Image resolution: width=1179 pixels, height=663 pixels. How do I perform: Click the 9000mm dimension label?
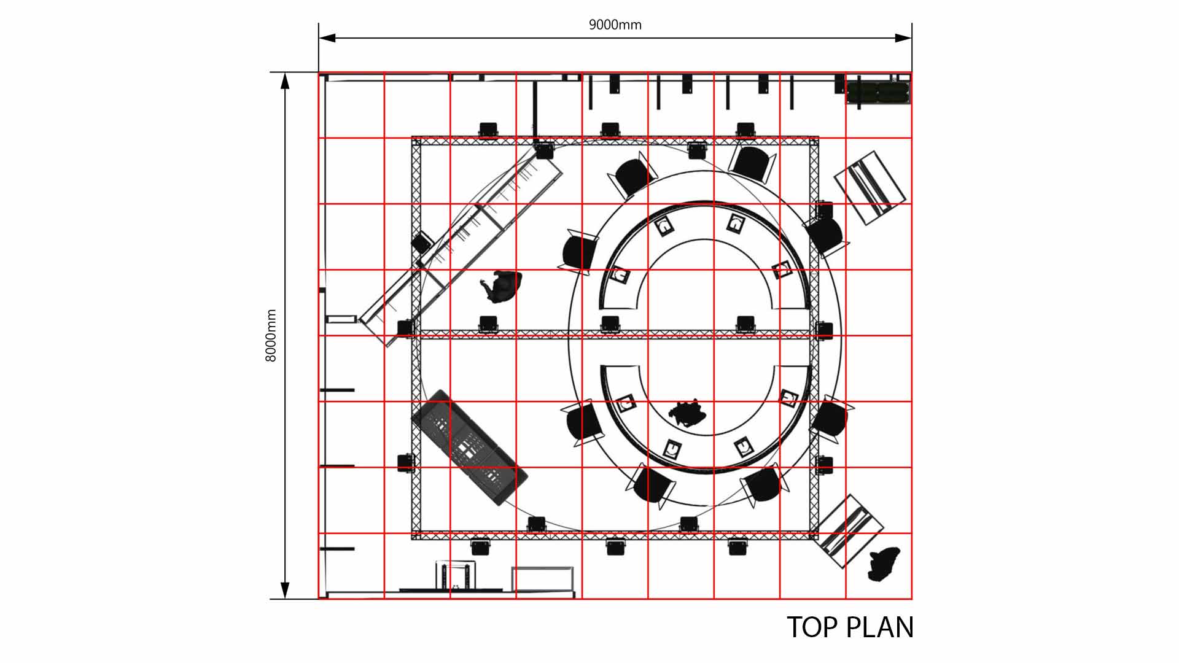click(615, 25)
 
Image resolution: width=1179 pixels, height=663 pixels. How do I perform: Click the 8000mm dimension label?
click(271, 335)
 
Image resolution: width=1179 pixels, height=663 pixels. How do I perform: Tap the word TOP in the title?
click(812, 627)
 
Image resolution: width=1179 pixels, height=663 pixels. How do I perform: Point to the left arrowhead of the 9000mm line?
click(327, 38)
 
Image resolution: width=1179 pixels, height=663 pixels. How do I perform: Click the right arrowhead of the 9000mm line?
click(903, 38)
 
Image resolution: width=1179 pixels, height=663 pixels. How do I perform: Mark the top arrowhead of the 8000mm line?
click(285, 81)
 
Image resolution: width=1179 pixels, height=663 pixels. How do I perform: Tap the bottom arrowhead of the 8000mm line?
click(285, 591)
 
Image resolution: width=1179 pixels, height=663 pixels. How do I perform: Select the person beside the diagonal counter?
click(502, 287)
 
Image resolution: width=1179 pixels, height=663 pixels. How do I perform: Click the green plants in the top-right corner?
click(878, 93)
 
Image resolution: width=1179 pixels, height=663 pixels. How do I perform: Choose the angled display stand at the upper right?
click(870, 187)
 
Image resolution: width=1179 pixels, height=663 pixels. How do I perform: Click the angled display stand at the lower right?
click(849, 532)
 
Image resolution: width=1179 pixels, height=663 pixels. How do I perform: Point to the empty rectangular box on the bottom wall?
click(543, 579)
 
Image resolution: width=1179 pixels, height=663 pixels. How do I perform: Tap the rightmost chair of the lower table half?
click(831, 418)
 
